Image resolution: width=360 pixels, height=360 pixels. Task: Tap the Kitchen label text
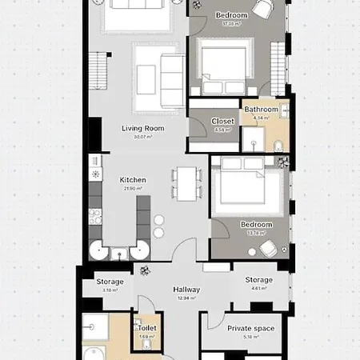click(133, 180)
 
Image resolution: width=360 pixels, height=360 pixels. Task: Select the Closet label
click(223, 122)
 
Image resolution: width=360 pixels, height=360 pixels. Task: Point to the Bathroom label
click(261, 110)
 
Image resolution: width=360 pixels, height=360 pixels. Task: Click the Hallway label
click(186, 290)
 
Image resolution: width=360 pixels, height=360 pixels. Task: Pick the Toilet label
click(146, 328)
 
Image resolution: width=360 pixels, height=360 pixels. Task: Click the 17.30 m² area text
click(231, 23)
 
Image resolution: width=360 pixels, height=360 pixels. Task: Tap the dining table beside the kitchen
click(186, 184)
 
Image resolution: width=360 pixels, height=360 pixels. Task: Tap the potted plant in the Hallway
click(144, 270)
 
